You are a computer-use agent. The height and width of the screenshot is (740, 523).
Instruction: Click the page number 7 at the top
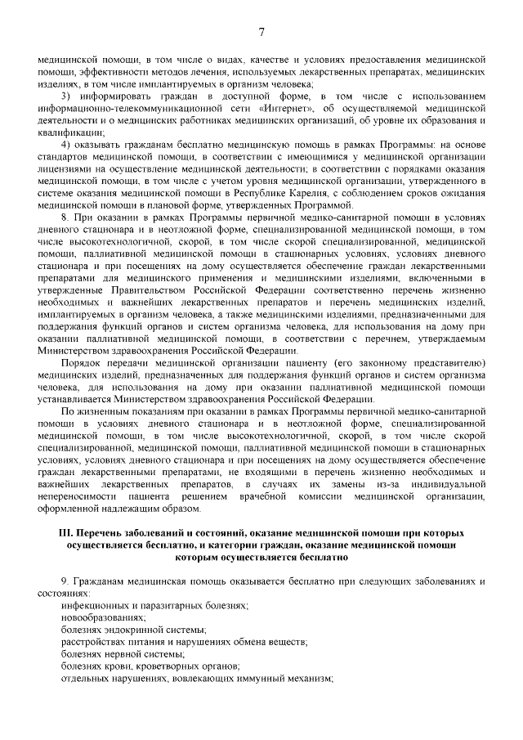pos(261,32)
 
